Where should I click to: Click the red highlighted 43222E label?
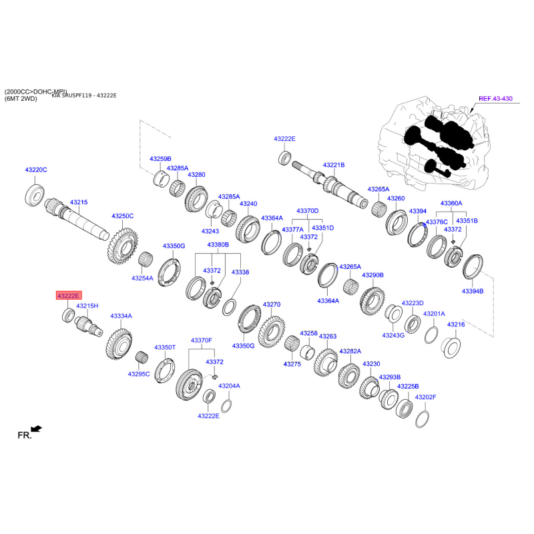[x=68, y=296]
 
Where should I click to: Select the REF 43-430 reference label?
[x=495, y=99]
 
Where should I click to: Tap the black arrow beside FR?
[x=37, y=429]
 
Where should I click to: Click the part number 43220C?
[x=36, y=170]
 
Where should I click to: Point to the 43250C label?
[x=123, y=216]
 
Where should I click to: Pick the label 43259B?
[x=160, y=159]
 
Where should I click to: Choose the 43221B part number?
[x=333, y=164]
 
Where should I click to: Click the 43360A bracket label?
[x=451, y=203]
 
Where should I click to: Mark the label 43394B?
[x=473, y=291]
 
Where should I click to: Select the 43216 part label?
[x=456, y=324]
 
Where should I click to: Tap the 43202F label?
[x=425, y=397]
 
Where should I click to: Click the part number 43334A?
[x=121, y=316]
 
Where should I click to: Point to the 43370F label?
[x=201, y=340]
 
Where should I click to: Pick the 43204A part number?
[x=229, y=386]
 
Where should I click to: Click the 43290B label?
[x=372, y=275]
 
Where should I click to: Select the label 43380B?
[x=218, y=245]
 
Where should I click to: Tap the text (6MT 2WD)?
[x=21, y=99]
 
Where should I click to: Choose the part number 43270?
[x=271, y=304]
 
